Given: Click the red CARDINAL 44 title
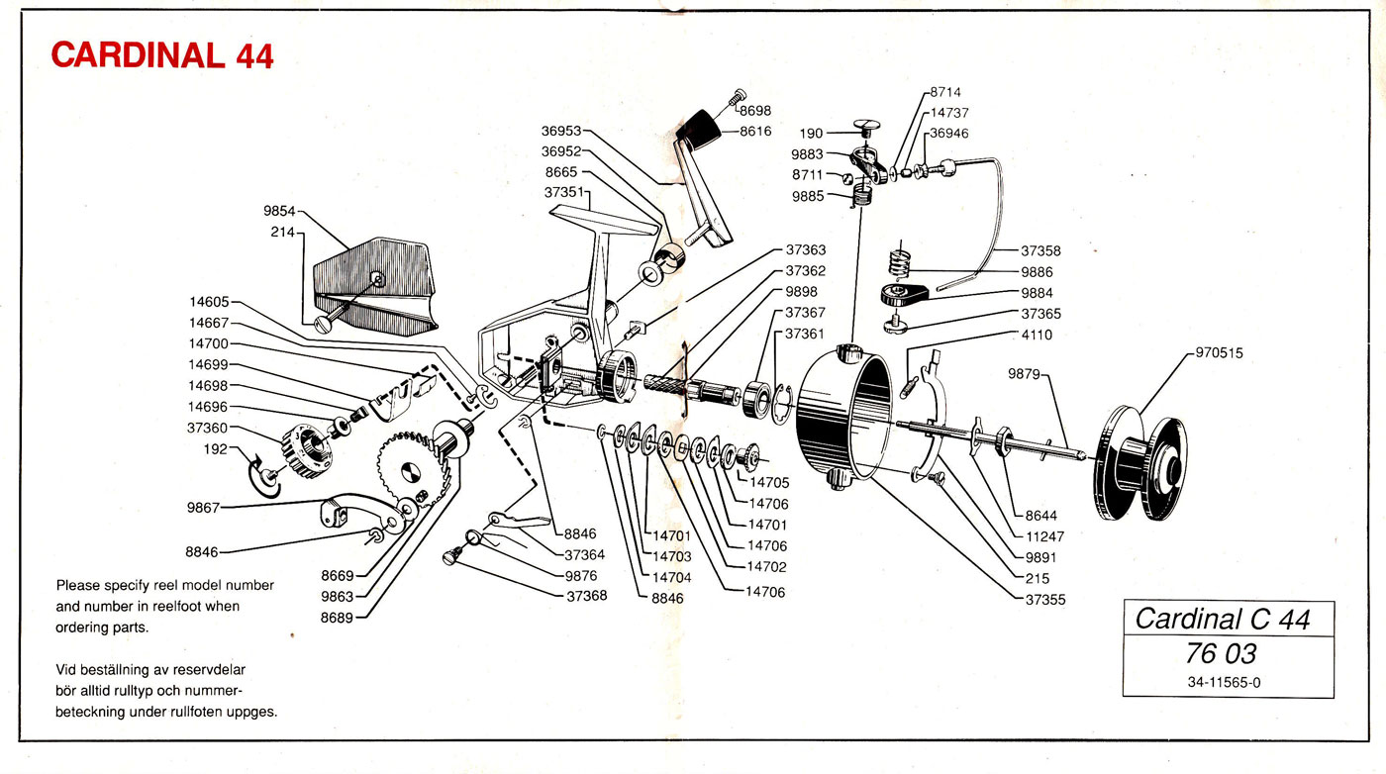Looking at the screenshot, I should click(x=162, y=55).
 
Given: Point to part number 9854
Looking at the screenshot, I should click(x=280, y=212).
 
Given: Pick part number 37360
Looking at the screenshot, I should click(x=207, y=428).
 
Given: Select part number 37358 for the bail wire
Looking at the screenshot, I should click(x=1041, y=250).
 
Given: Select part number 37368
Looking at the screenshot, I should click(x=586, y=596).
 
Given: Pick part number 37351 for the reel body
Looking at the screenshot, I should click(x=564, y=192).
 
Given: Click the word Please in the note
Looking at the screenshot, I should click(x=78, y=585).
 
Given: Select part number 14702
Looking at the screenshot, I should click(x=767, y=567).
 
